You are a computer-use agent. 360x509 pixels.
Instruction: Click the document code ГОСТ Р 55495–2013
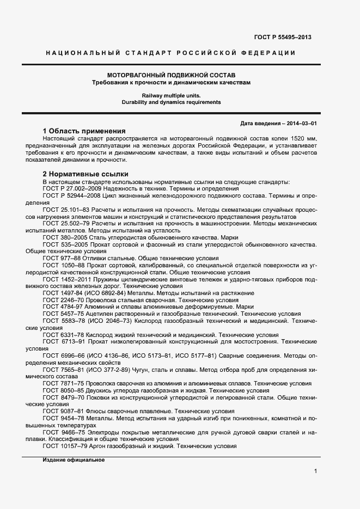click(x=283, y=37)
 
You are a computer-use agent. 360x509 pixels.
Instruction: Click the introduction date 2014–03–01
click(x=300, y=124)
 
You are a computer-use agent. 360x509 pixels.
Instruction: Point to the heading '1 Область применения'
click(x=84, y=131)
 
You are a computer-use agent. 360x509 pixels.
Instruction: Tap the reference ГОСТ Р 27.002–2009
click(x=72, y=188)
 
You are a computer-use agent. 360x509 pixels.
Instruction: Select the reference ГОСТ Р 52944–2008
click(x=72, y=195)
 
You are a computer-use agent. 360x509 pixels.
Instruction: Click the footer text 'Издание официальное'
click(x=73, y=460)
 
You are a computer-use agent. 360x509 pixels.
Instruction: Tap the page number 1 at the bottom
click(x=315, y=471)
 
